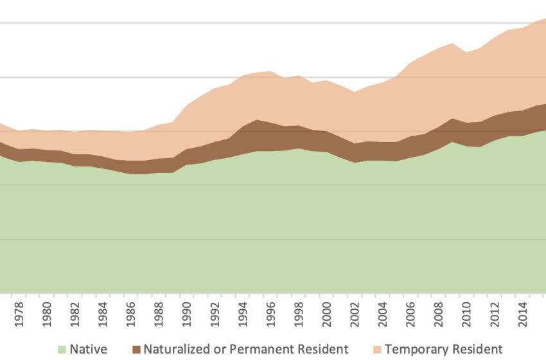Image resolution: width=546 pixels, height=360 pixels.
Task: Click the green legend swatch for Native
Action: [62, 350]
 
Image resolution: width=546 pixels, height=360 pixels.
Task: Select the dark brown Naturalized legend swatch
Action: [136, 350]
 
